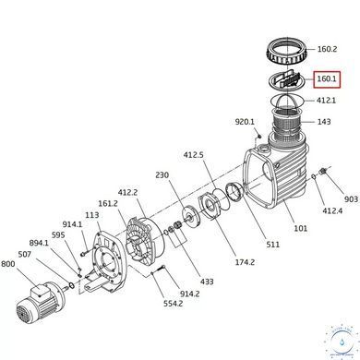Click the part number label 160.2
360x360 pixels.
click(x=327, y=49)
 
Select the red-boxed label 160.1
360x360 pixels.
click(x=327, y=79)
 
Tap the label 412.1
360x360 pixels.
click(x=326, y=101)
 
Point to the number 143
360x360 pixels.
click(x=324, y=122)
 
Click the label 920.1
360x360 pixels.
click(x=245, y=122)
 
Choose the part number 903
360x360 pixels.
click(x=351, y=199)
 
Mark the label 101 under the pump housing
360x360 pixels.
click(x=300, y=228)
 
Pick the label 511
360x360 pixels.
click(x=273, y=245)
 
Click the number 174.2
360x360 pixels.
click(x=245, y=262)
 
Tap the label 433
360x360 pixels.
click(x=207, y=282)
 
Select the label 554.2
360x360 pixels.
click(x=173, y=304)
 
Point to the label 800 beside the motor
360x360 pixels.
click(x=8, y=264)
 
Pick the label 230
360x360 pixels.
click(x=162, y=175)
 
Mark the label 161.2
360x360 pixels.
click(x=108, y=204)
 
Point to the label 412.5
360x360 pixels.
click(x=193, y=155)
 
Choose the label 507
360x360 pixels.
click(x=25, y=254)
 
